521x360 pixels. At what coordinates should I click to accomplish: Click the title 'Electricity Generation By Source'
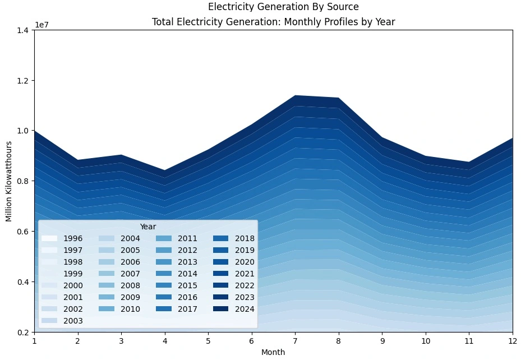[283, 7]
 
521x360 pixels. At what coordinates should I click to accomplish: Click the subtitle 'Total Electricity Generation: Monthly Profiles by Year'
[273, 22]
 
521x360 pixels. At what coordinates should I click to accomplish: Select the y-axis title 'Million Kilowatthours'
[9, 181]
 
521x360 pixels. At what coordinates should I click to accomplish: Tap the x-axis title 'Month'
[273, 352]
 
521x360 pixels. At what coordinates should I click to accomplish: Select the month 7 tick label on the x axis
[295, 341]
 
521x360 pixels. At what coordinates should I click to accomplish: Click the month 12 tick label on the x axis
[512, 341]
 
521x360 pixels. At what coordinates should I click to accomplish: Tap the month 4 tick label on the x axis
[165, 341]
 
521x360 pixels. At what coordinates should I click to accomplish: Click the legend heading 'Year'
[147, 227]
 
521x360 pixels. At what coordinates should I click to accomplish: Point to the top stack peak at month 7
[295, 96]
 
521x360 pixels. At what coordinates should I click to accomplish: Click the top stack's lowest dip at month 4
[165, 170]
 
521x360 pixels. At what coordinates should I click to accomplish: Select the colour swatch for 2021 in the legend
[222, 274]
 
